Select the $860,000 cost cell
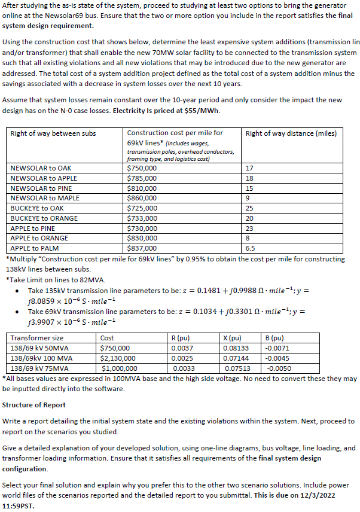click(x=142, y=198)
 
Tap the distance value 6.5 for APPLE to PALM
click(x=251, y=248)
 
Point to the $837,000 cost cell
click(x=142, y=248)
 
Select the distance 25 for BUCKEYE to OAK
click(x=250, y=208)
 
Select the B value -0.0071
click(x=277, y=348)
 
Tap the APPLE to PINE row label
click(x=33, y=228)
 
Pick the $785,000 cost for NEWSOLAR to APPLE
click(x=142, y=178)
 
